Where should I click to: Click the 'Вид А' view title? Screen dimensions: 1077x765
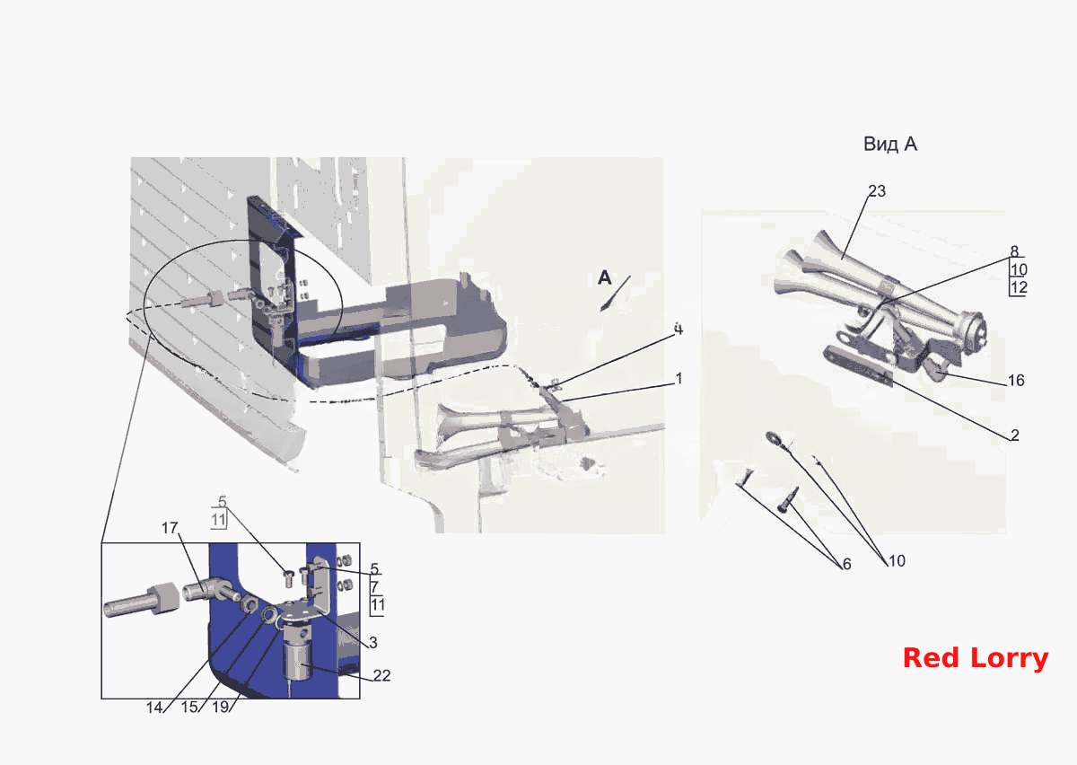tap(890, 144)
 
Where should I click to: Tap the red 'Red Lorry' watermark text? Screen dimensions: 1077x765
tap(976, 658)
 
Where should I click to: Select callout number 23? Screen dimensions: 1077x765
tap(877, 191)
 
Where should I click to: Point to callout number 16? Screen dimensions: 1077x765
tap(1016, 381)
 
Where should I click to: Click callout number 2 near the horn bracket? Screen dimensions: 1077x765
tap(1014, 435)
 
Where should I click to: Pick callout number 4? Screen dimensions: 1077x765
tap(678, 330)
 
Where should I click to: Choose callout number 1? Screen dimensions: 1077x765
tap(679, 379)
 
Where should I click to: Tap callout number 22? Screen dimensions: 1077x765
tap(381, 675)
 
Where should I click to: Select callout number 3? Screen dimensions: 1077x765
tap(373, 642)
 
